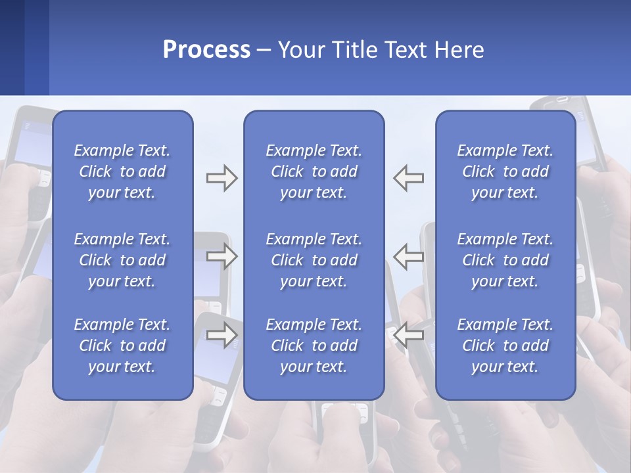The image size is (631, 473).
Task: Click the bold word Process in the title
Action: tap(206, 50)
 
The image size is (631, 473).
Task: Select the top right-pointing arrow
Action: tap(222, 178)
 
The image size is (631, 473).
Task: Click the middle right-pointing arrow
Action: tap(222, 257)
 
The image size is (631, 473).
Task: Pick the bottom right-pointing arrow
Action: tap(222, 335)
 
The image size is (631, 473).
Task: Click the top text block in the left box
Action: tap(122, 171)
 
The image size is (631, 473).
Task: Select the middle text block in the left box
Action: tap(122, 260)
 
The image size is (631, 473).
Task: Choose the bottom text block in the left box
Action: tap(122, 346)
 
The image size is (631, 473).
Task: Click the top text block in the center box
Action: tap(314, 171)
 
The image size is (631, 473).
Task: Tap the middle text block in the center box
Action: tap(314, 260)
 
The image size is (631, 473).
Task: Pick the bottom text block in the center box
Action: tap(314, 346)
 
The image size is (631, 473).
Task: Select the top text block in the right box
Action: tap(505, 171)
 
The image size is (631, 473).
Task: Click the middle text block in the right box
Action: tap(505, 260)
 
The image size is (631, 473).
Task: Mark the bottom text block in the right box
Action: tap(505, 346)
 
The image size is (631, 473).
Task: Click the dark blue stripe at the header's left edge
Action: tap(12, 47)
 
